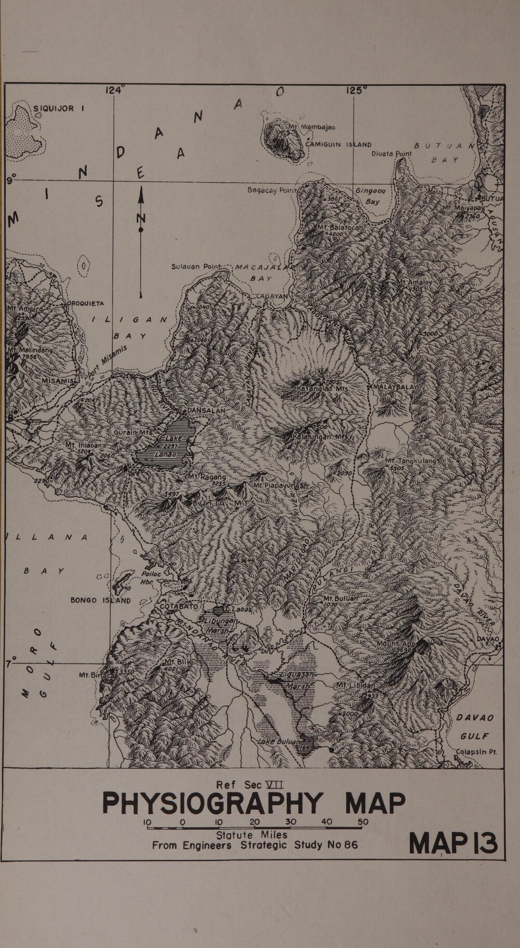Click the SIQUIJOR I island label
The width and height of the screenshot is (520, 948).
[59, 109]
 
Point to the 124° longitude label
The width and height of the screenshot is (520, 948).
[114, 90]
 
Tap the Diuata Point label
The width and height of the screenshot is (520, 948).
[391, 154]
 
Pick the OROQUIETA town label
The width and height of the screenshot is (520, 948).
[86, 303]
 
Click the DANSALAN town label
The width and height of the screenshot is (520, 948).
[206, 410]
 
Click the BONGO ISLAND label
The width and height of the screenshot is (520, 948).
[101, 600]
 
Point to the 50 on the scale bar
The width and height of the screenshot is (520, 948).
[362, 822]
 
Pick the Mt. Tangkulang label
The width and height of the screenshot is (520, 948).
[411, 461]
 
